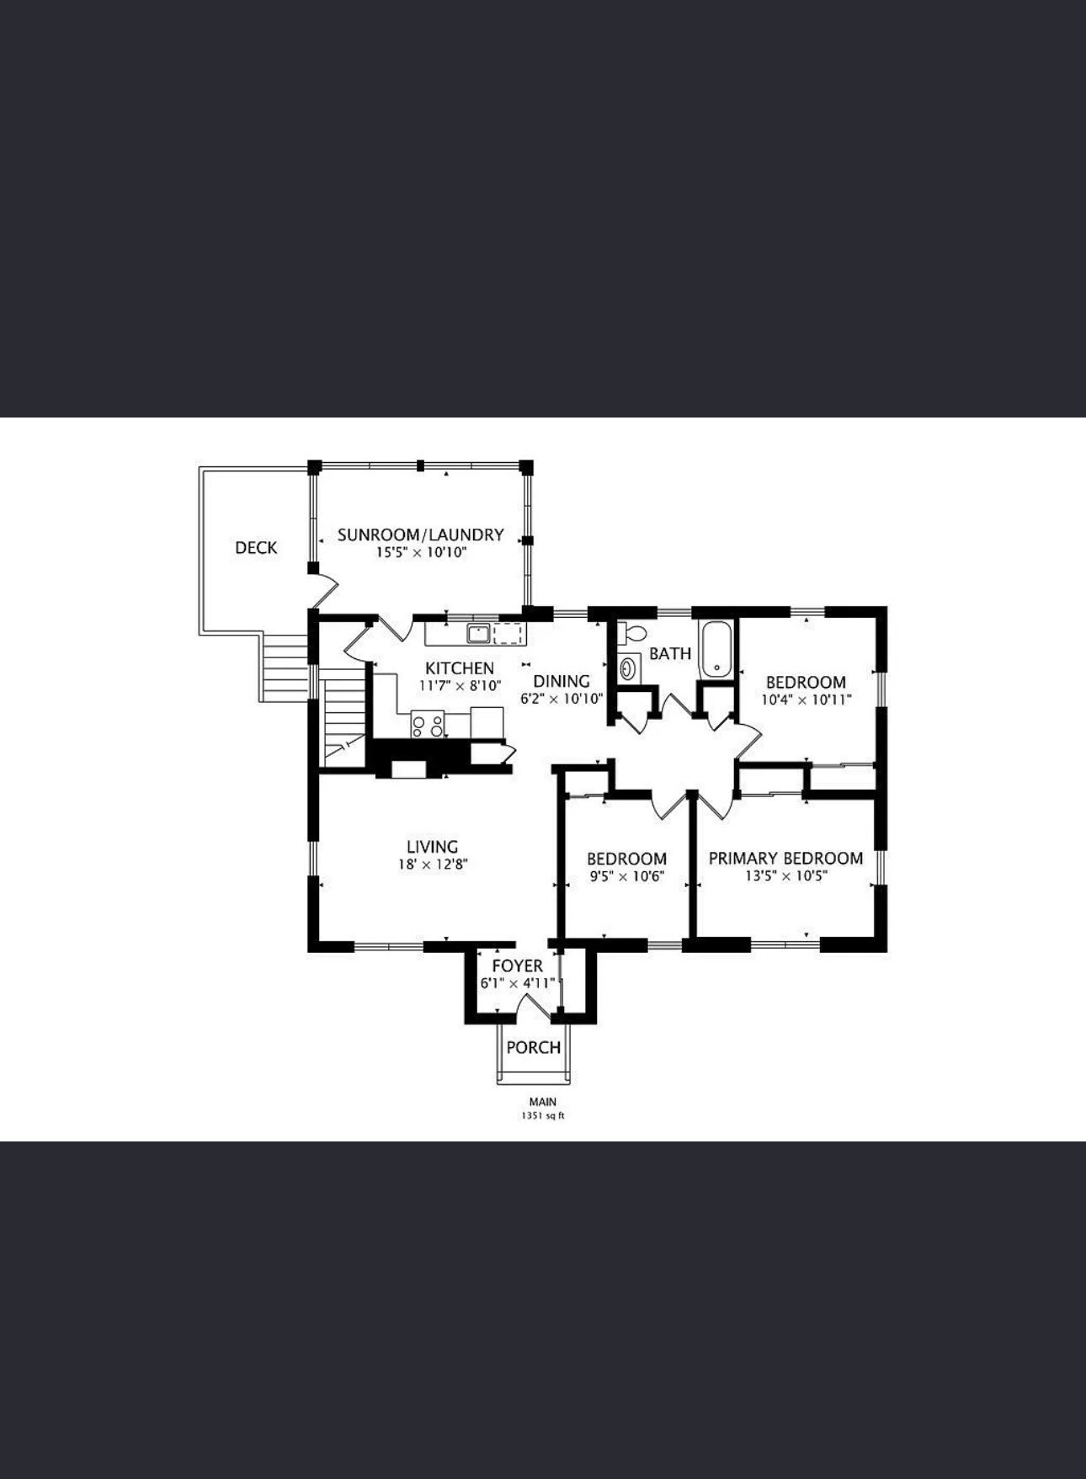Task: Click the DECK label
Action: click(256, 548)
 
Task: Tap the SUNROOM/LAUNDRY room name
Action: click(421, 535)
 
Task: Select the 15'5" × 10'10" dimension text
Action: click(421, 553)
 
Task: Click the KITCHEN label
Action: click(460, 668)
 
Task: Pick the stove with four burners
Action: click(428, 724)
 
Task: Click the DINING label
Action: click(562, 681)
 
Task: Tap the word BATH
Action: click(670, 653)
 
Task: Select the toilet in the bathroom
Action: click(631, 633)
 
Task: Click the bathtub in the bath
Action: click(716, 648)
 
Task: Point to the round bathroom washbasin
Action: click(628, 669)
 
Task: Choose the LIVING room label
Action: click(433, 847)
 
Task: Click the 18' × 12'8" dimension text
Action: click(433, 865)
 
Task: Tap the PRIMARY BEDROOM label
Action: click(785, 858)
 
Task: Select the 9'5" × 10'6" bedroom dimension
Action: click(627, 876)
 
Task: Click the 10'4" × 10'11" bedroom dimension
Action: click(807, 700)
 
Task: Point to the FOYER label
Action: click(518, 966)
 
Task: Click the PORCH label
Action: click(534, 1047)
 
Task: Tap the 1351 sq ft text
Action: click(543, 1116)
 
